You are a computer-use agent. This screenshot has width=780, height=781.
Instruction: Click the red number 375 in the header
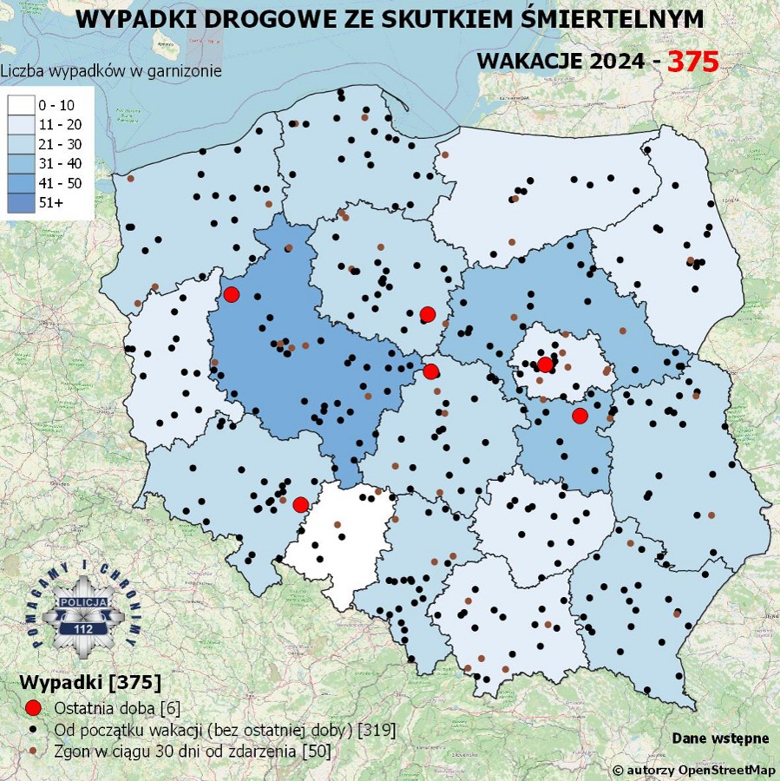tap(692, 62)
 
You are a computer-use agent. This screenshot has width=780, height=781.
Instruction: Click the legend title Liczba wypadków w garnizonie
tap(111, 71)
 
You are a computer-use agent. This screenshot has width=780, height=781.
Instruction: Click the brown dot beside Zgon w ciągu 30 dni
tap(33, 749)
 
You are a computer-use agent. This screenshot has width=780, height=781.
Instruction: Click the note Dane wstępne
tap(719, 738)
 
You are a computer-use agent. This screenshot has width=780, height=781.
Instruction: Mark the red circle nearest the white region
tap(300, 504)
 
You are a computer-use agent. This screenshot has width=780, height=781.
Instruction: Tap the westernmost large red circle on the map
tap(231, 294)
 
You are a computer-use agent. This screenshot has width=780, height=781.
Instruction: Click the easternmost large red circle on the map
tap(580, 416)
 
